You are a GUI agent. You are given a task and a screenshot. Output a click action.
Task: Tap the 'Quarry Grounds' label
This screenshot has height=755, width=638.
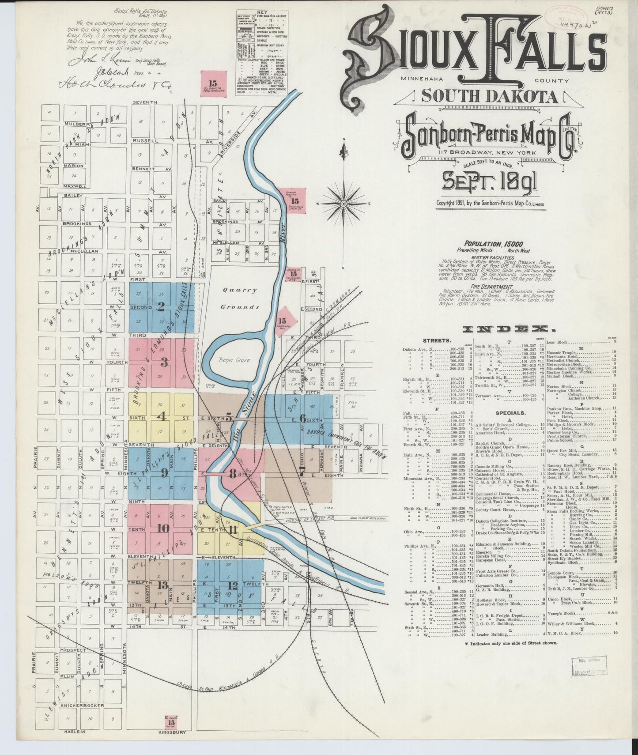[240, 298]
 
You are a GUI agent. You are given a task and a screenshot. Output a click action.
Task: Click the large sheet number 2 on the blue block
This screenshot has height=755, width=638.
[161, 306]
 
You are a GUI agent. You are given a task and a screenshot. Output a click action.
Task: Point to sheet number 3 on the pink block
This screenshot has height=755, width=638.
[164, 362]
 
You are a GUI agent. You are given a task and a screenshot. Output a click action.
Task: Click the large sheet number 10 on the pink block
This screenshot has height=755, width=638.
[163, 528]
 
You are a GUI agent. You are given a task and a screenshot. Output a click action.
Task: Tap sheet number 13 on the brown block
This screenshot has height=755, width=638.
[162, 585]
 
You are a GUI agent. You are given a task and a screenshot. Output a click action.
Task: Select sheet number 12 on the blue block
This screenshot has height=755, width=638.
[232, 585]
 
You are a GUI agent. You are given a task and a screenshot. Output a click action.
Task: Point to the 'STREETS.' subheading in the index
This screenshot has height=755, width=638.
[437, 341]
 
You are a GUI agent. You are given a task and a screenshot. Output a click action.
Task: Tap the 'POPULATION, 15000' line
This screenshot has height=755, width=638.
[493, 244]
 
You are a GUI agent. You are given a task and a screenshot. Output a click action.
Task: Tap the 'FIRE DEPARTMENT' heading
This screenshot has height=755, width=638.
[493, 286]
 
